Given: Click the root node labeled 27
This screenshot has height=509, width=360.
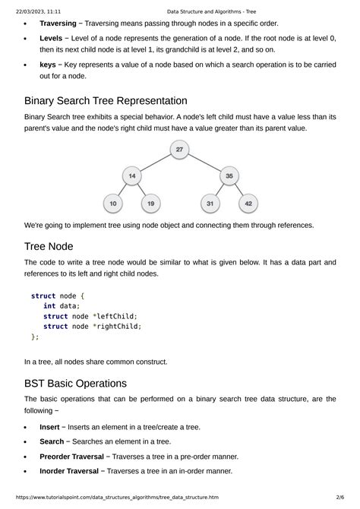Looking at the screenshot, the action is click(179, 150).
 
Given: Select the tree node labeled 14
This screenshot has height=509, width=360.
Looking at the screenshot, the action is click(132, 176).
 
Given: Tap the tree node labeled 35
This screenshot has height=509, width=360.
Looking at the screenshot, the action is click(229, 176).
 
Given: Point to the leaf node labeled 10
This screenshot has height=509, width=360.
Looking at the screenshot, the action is click(113, 204).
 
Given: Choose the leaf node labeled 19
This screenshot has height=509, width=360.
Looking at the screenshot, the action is click(151, 204).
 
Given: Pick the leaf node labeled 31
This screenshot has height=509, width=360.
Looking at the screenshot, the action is click(210, 204).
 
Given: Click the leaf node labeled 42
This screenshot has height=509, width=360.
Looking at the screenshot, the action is click(248, 204).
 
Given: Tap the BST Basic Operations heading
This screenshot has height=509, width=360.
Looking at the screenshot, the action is click(86, 383).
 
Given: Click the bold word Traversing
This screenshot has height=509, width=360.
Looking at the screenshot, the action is click(58, 24).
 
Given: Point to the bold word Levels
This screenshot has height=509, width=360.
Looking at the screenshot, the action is click(51, 37).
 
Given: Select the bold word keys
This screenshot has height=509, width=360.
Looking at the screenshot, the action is click(47, 65).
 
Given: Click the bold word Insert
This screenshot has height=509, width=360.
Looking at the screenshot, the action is click(50, 427).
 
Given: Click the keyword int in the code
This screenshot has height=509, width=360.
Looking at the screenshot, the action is click(49, 306).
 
